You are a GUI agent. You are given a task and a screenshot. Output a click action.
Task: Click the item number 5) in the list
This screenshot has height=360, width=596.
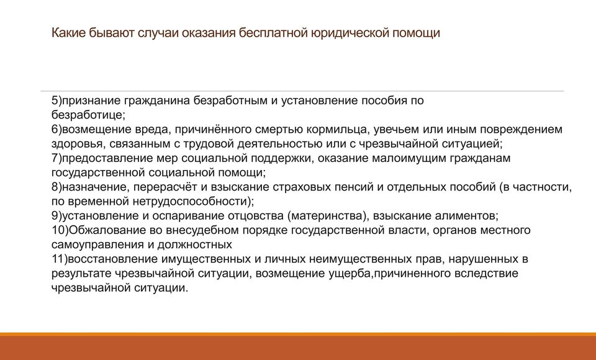(56, 101)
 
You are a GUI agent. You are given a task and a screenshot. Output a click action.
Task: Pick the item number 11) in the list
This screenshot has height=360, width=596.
(60, 259)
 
